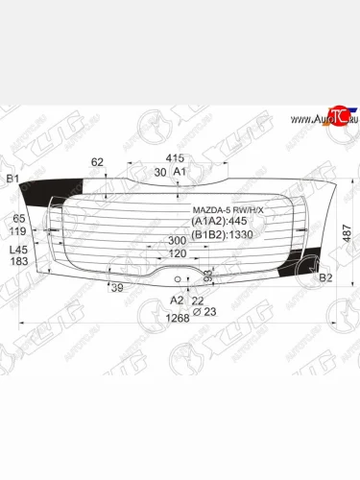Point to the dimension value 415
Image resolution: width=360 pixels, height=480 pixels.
point(175,157)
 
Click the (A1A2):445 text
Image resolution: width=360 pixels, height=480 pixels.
point(220,221)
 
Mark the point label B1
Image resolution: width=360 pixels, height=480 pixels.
point(12,180)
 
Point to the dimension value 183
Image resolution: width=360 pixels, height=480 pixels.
point(18,262)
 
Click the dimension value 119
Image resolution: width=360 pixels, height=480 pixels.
point(18,231)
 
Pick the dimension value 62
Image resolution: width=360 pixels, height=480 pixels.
point(96,162)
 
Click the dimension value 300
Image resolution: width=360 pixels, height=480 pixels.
point(176,241)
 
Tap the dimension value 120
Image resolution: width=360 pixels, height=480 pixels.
point(176,253)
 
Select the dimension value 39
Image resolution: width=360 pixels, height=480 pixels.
point(116,287)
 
